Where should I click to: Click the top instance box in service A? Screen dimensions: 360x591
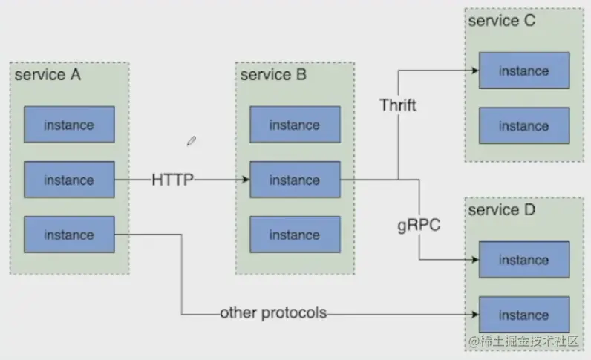69,125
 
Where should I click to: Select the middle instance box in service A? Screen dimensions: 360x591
69,180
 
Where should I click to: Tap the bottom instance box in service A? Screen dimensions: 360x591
69,235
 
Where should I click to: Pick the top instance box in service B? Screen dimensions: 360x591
294,125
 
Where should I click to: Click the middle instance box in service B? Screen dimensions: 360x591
294,180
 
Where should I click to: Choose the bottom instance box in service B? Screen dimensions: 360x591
294,235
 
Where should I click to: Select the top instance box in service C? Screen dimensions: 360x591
523,71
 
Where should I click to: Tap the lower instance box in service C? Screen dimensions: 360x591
523,126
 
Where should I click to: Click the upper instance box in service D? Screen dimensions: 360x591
523,260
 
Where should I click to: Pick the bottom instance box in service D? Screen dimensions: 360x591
523,315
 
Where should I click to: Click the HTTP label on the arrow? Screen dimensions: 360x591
173,180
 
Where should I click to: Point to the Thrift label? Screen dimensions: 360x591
398,105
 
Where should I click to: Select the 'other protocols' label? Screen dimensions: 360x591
273,312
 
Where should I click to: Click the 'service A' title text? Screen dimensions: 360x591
48,75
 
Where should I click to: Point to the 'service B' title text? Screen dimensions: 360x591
273,75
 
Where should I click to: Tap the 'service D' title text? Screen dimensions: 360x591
501,210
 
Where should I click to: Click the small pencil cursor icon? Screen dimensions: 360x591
192,140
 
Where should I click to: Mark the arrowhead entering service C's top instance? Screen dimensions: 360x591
474,71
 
